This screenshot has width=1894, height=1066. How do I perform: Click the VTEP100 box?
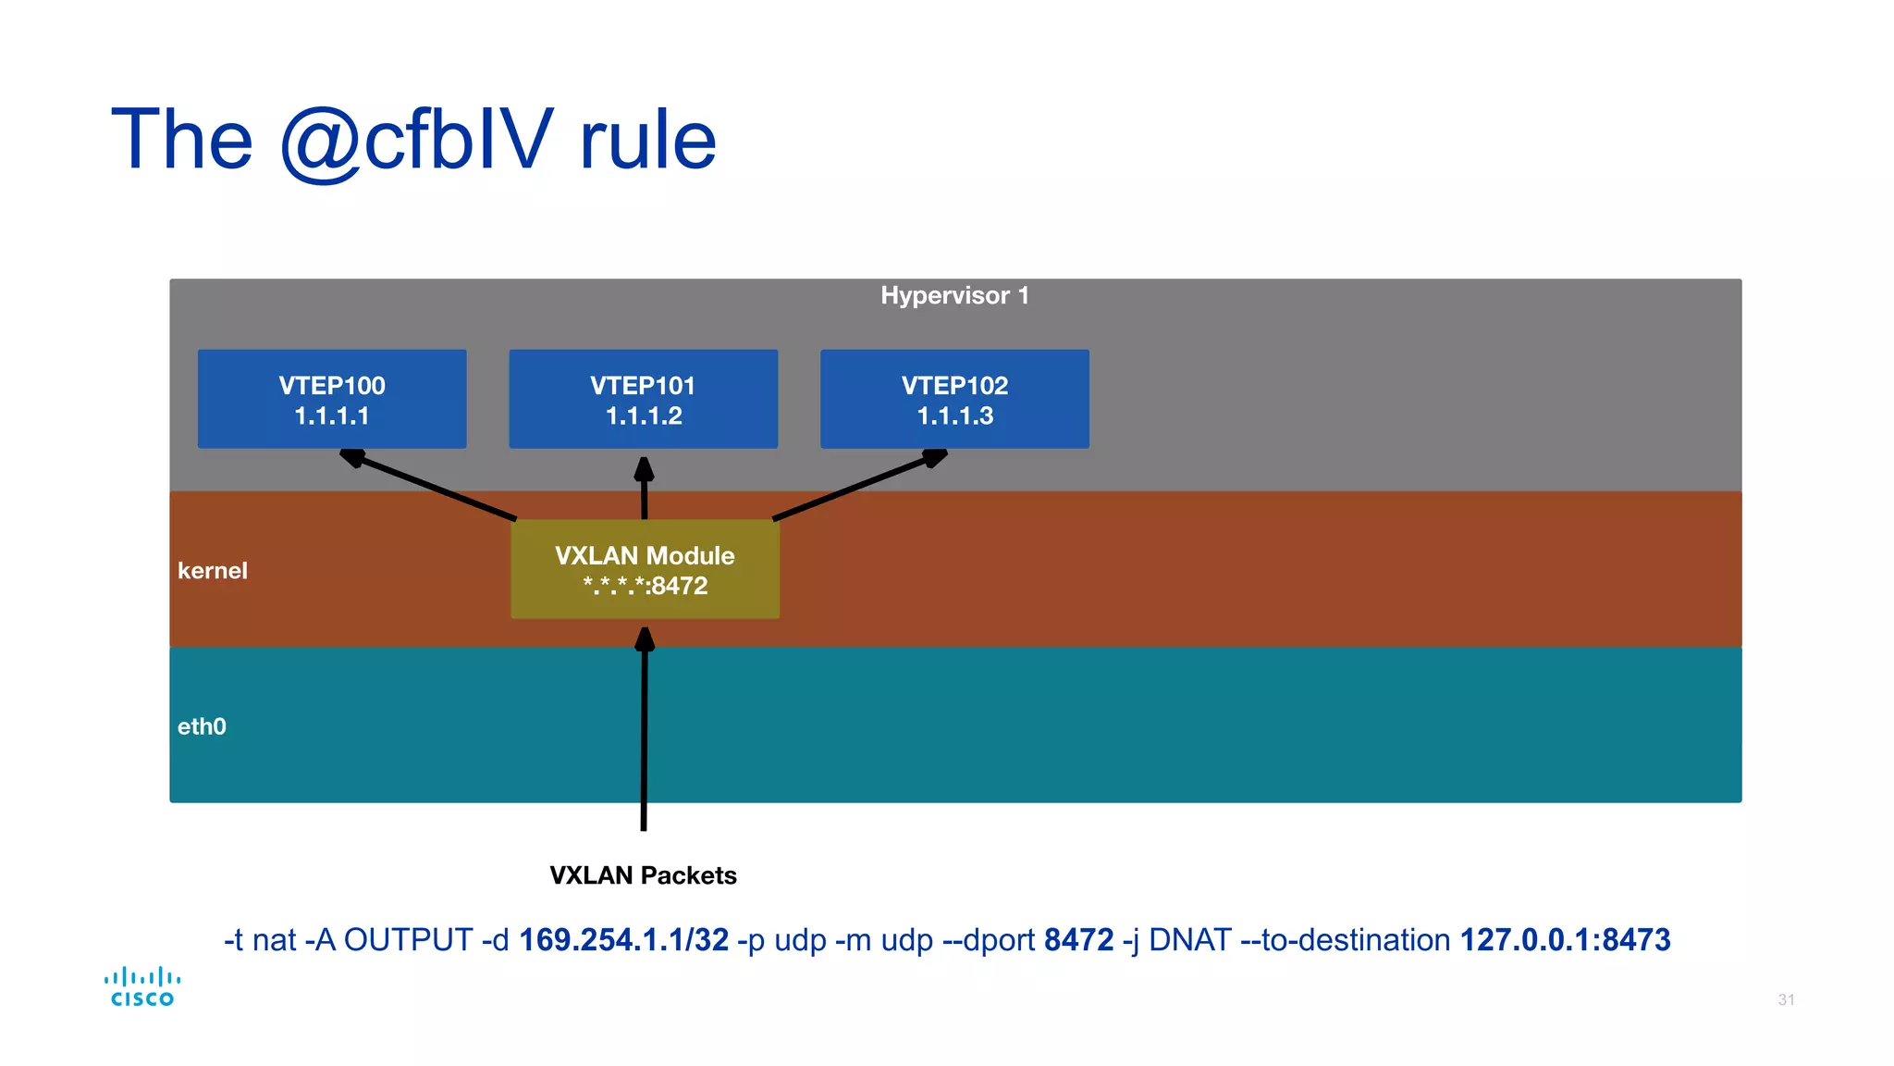coord(332,399)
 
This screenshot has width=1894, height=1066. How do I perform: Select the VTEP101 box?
coord(643,399)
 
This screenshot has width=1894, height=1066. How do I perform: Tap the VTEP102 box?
coord(954,399)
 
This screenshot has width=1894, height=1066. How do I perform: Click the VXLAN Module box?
coord(645,569)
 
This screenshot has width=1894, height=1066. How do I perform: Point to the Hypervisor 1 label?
coord(954,295)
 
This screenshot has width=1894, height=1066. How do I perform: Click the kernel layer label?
coord(213,570)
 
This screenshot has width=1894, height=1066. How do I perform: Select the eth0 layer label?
coord(202,726)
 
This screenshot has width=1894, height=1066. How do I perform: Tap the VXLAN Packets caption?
coord(643,875)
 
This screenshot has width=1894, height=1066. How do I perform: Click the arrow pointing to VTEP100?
coord(430,485)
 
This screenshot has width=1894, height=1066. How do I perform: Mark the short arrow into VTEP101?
coord(645,489)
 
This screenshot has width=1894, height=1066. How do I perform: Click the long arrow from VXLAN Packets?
coord(645,731)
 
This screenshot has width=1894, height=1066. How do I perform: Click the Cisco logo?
coord(142,986)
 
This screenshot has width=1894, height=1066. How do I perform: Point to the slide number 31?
coord(1786,999)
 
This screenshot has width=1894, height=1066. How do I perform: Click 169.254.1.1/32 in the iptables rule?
coord(623,940)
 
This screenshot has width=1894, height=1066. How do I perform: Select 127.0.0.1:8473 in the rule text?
coord(1565,940)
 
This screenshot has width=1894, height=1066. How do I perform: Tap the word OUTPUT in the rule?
coord(408,940)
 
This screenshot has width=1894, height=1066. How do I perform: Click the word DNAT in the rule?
coord(1189,940)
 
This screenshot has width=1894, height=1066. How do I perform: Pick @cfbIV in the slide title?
coord(416,141)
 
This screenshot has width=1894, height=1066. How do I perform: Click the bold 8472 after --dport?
coord(1078,940)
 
